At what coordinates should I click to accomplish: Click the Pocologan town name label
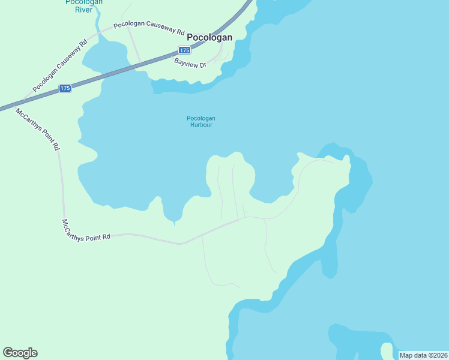(x=209, y=37)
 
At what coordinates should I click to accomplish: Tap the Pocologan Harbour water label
(x=200, y=121)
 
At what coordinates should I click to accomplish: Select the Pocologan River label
(x=83, y=5)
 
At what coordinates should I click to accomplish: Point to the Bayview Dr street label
(x=190, y=62)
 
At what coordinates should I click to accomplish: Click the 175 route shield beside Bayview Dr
(x=184, y=50)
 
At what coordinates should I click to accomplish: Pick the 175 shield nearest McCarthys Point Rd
(x=65, y=88)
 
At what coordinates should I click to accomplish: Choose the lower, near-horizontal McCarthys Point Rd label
(x=86, y=230)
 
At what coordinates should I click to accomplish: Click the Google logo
(x=20, y=353)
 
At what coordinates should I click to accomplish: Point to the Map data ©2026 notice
(x=423, y=355)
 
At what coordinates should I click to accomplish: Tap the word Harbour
(x=200, y=125)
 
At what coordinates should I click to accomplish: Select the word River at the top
(x=83, y=10)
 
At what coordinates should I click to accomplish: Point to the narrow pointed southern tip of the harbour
(x=174, y=222)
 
